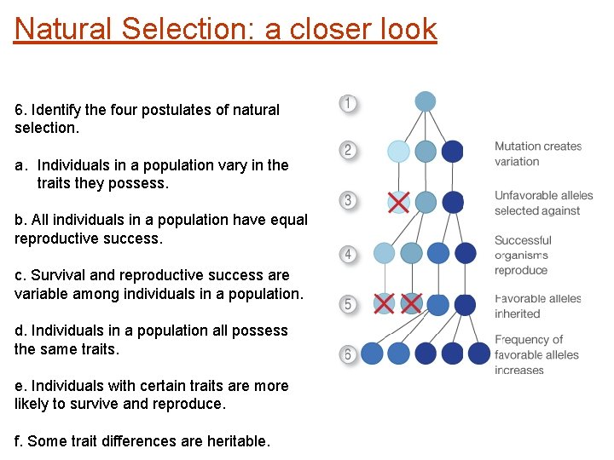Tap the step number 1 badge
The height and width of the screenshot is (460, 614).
tap(348, 104)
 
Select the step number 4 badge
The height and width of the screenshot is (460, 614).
tap(348, 254)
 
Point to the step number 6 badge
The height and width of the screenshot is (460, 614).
tap(348, 354)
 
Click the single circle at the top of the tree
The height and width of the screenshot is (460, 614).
tap(426, 101)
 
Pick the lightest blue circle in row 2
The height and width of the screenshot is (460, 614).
tap(398, 152)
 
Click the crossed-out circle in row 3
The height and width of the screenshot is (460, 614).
tap(398, 202)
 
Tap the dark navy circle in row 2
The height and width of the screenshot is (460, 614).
tap(453, 152)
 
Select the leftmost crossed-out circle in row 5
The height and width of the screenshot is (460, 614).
tap(385, 303)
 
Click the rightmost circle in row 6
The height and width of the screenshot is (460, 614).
tap(480, 353)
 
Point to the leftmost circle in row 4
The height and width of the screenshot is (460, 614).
tap(385, 253)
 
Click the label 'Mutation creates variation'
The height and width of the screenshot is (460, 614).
tap(537, 153)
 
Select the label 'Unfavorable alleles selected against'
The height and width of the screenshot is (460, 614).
tap(543, 203)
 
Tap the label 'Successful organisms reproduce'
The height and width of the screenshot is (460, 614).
tap(523, 255)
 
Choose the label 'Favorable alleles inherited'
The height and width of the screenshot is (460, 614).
tap(537, 306)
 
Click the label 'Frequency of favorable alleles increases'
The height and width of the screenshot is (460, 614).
tap(536, 354)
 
